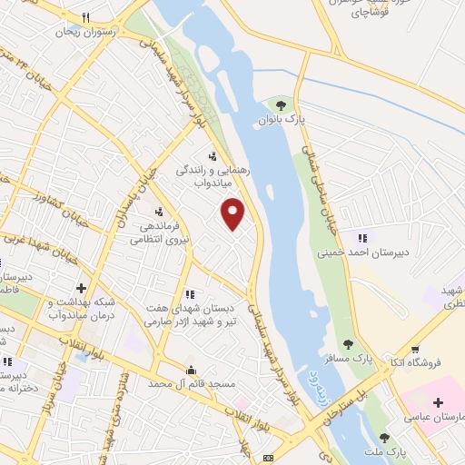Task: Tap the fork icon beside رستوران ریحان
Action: [x=84, y=17]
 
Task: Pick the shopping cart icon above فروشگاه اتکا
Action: [x=415, y=348]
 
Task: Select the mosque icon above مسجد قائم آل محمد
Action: [x=191, y=371]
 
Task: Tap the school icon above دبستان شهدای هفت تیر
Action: [x=190, y=294]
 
